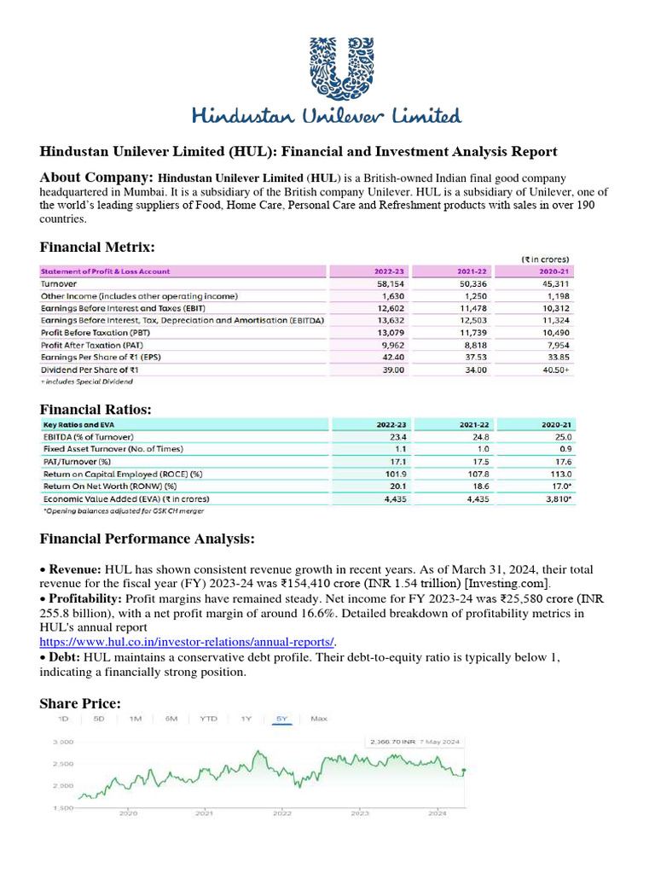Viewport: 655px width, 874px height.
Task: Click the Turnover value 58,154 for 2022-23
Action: point(380,283)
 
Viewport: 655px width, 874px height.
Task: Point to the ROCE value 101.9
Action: point(379,474)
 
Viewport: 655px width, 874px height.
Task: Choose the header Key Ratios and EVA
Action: point(83,423)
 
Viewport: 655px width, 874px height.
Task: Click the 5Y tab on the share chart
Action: point(281,719)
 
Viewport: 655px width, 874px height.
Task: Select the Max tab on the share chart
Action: point(319,719)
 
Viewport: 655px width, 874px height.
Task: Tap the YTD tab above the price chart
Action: point(208,719)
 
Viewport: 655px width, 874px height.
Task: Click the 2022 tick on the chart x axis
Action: point(282,813)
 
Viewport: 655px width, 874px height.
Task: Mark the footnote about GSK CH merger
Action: point(125,511)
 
